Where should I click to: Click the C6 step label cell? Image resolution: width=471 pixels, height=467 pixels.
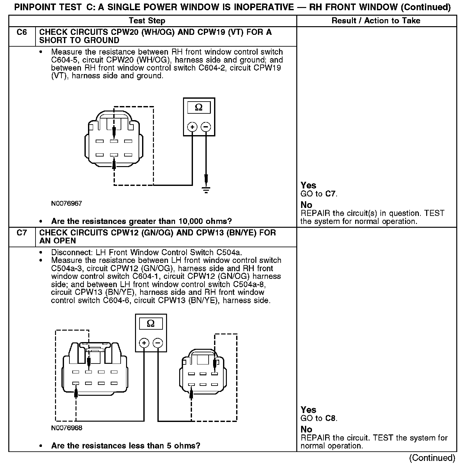coord(22,32)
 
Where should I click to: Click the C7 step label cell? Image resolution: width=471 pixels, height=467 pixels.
coord(22,233)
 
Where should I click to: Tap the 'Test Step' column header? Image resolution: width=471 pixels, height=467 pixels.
coord(147,21)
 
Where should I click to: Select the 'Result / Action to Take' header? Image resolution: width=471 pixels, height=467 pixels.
coord(376,21)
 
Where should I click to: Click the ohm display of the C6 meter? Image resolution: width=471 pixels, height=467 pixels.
coord(199,108)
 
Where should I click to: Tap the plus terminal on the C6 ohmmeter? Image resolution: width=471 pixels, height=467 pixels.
coord(192,127)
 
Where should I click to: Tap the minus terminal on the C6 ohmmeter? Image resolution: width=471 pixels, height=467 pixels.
coord(206,127)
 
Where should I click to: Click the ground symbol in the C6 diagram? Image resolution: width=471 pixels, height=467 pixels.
coord(206,190)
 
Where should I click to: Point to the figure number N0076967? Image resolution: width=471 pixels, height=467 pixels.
coord(67,203)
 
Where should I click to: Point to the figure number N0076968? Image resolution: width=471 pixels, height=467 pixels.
coord(67,428)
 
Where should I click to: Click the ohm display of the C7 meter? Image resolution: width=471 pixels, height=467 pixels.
coord(151,324)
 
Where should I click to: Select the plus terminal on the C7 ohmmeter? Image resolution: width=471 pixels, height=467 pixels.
coord(144,343)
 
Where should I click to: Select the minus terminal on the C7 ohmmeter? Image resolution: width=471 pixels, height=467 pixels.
coord(158,343)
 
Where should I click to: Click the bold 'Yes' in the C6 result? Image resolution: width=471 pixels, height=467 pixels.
coord(308,186)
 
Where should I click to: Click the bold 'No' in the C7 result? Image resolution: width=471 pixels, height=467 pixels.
coord(306,430)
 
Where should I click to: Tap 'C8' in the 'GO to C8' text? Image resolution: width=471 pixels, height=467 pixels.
coord(331,418)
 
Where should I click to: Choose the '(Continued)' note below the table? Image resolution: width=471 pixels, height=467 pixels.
coord(432,458)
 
